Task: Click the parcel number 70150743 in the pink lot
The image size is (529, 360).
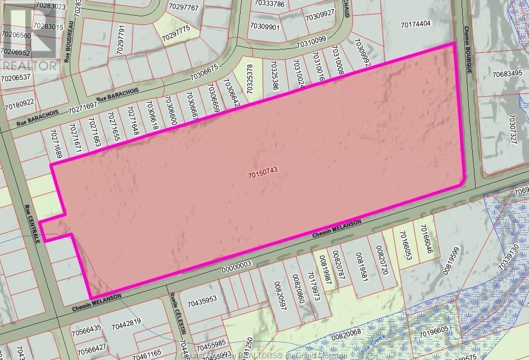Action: [264, 175]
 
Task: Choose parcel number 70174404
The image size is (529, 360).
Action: [416, 24]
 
